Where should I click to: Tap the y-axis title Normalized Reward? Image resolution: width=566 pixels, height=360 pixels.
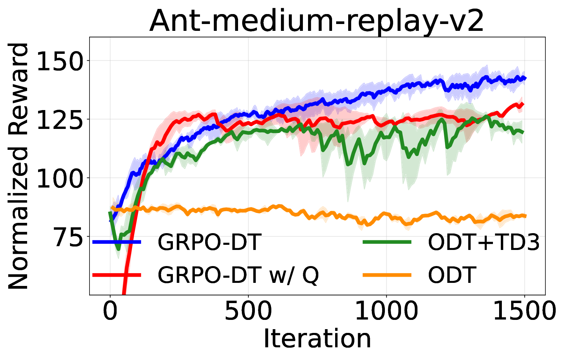pos(19,166)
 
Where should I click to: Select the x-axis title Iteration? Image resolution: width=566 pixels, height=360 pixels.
pos(317,339)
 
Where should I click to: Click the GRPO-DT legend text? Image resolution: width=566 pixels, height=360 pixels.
pos(210,242)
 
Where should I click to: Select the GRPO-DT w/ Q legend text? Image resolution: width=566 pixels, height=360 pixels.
pos(238,275)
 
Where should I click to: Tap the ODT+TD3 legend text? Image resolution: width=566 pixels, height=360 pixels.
pos(484,242)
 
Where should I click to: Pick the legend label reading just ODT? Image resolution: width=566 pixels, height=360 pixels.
pos(452,275)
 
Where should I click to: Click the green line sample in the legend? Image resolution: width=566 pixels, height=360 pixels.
pos(387,242)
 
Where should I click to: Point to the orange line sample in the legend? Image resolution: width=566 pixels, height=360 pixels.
pos(387,275)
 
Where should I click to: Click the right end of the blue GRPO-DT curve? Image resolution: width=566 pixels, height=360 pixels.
pos(525,79)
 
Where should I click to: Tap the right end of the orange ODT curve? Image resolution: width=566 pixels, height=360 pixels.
pos(525,216)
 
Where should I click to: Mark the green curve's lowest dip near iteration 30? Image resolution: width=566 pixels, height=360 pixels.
pos(118,249)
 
